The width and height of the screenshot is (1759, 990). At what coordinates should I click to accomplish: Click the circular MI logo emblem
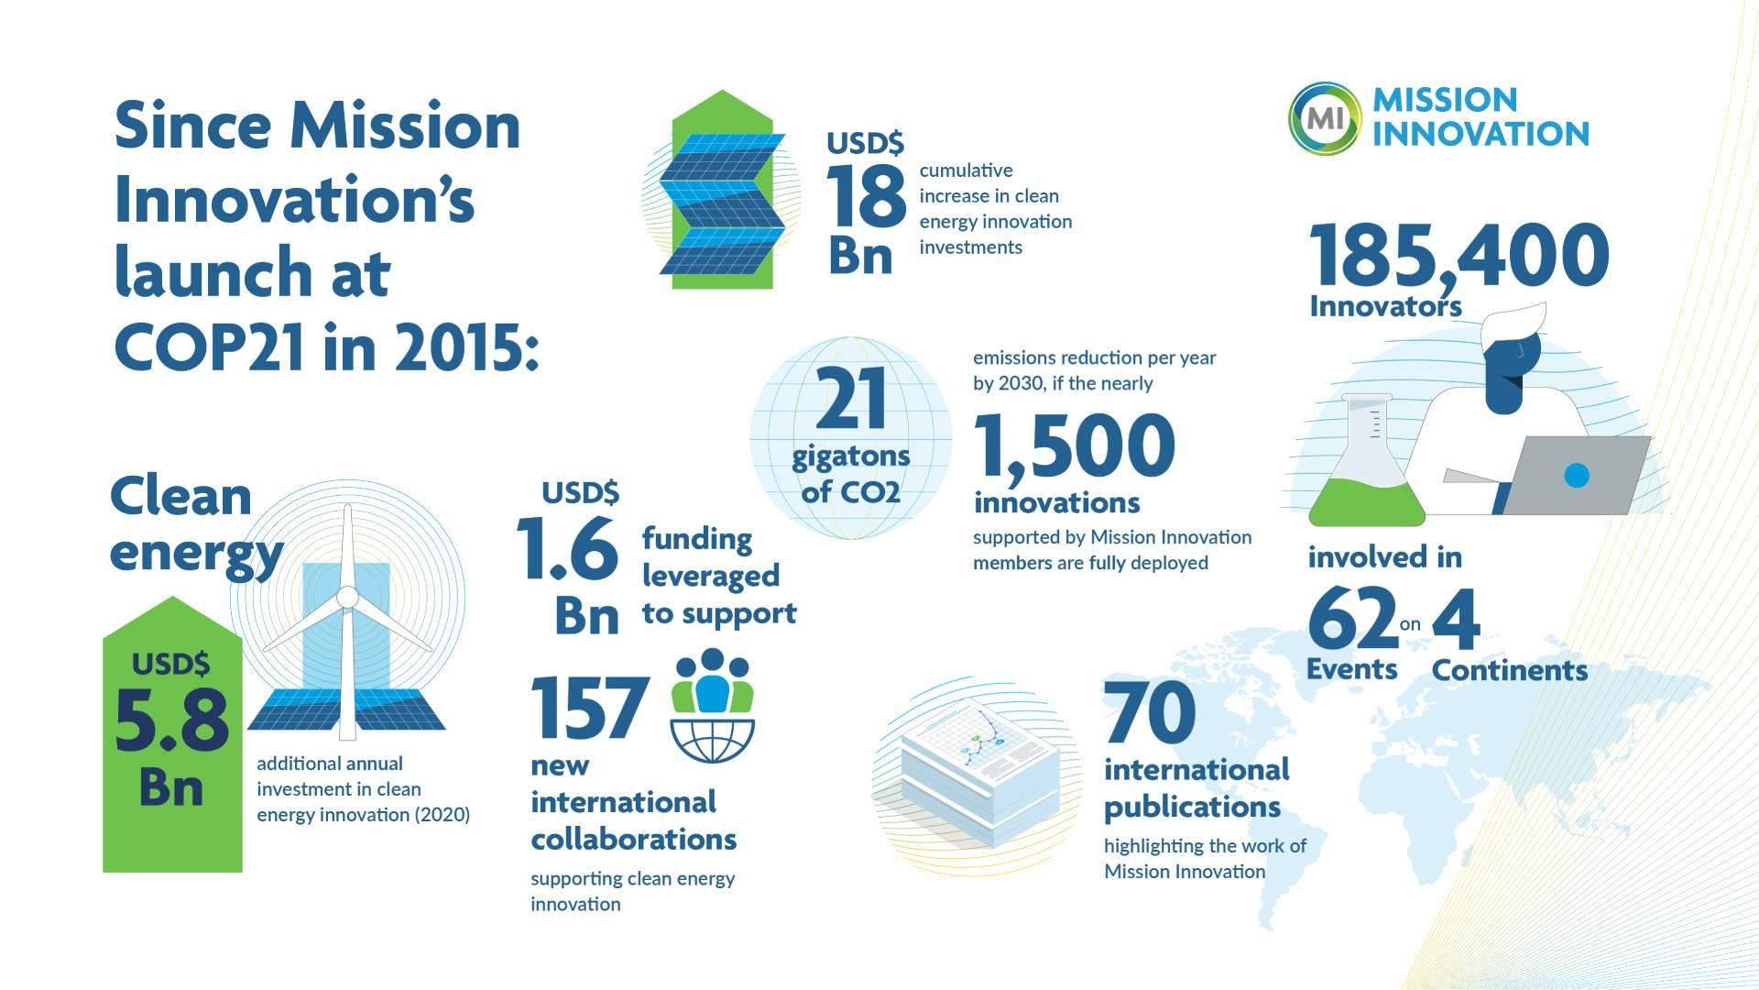tap(1324, 116)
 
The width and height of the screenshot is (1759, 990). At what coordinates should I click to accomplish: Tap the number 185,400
tap(1458, 256)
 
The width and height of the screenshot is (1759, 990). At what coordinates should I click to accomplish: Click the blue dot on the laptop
tap(1576, 475)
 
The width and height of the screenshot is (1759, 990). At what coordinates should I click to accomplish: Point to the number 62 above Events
tap(1351, 620)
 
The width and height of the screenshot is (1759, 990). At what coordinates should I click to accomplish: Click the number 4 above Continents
tap(1456, 620)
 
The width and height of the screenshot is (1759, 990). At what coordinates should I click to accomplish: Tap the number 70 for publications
tap(1150, 712)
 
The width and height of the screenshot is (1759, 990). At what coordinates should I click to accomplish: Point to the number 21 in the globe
tap(851, 399)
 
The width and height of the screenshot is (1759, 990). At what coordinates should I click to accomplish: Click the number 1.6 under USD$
tap(567, 549)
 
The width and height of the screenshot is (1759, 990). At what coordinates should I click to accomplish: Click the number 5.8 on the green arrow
tap(171, 720)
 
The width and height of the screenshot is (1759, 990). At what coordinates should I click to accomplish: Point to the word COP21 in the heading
tap(210, 347)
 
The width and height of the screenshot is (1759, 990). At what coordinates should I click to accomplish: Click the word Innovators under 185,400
tap(1384, 306)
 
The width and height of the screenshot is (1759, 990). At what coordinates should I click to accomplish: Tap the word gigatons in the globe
tap(851, 456)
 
